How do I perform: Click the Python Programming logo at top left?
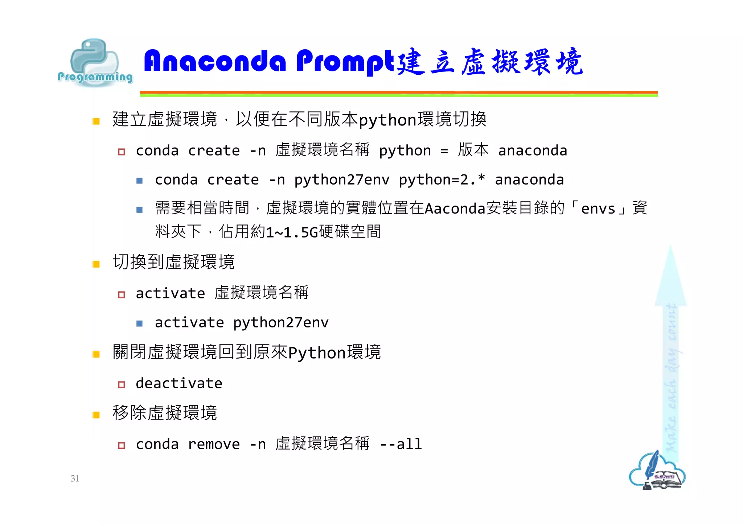pyautogui.click(x=95, y=63)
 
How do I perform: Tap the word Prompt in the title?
pyautogui.click(x=345, y=62)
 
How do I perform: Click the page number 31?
pyautogui.click(x=75, y=478)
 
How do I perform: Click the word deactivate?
pyautogui.click(x=179, y=384)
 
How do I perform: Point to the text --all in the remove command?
pyautogui.click(x=401, y=444)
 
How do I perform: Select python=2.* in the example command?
pyautogui.click(x=442, y=180)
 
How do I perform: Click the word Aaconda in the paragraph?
pyautogui.click(x=455, y=209)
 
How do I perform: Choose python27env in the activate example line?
pyautogui.click(x=280, y=323)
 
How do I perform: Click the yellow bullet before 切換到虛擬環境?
pyautogui.click(x=96, y=264)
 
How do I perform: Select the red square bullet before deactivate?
pyautogui.click(x=122, y=385)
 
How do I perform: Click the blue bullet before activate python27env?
pyautogui.click(x=139, y=323)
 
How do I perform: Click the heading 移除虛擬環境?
pyautogui.click(x=165, y=413)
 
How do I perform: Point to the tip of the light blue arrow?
pyautogui.click(x=670, y=248)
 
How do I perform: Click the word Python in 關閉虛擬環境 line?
pyautogui.click(x=317, y=353)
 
